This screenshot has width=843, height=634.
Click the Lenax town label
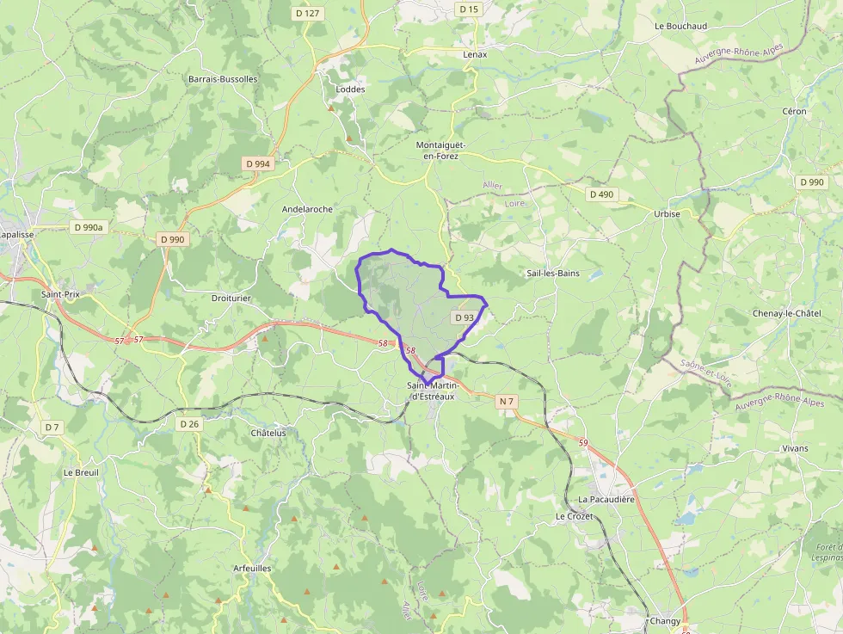click(x=475, y=54)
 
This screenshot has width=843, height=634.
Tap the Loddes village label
click(x=350, y=89)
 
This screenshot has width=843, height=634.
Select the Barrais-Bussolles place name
click(x=222, y=79)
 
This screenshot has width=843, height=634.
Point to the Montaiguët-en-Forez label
click(x=437, y=151)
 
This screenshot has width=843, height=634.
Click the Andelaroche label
click(x=307, y=209)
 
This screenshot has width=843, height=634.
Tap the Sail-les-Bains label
click(x=553, y=274)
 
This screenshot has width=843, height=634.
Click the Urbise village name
click(x=667, y=214)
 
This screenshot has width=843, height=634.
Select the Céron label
click(x=794, y=112)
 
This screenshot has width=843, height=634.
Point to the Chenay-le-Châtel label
click(x=786, y=313)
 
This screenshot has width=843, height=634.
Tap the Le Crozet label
click(x=574, y=516)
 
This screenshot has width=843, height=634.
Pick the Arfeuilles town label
click(x=252, y=569)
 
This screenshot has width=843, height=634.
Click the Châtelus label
click(x=268, y=433)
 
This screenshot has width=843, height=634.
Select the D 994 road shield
click(x=257, y=163)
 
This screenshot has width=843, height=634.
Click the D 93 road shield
click(x=464, y=317)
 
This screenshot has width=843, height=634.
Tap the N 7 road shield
click(x=506, y=401)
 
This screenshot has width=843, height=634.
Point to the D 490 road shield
click(x=601, y=194)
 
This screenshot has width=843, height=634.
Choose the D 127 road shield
click(x=306, y=13)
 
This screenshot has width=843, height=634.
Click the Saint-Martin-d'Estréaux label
click(x=433, y=391)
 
